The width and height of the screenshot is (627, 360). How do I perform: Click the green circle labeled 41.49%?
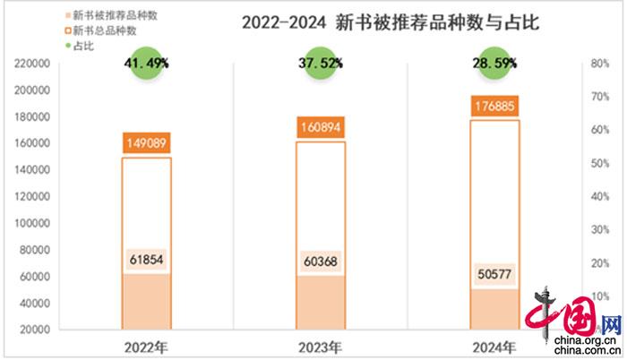[146, 64]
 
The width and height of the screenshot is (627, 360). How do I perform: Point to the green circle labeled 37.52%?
[321, 64]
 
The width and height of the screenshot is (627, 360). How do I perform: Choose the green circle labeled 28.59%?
[494, 64]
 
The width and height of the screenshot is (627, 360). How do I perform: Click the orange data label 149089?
[146, 142]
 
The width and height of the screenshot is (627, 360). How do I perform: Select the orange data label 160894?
[321, 127]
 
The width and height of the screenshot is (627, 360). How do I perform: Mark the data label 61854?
[146, 260]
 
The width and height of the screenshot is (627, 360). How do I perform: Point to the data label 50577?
[494, 274]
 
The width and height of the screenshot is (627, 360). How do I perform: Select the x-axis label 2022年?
[146, 347]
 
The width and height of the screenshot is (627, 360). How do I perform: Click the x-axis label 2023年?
[321, 347]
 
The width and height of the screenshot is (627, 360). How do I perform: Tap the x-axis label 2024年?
[494, 347]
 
